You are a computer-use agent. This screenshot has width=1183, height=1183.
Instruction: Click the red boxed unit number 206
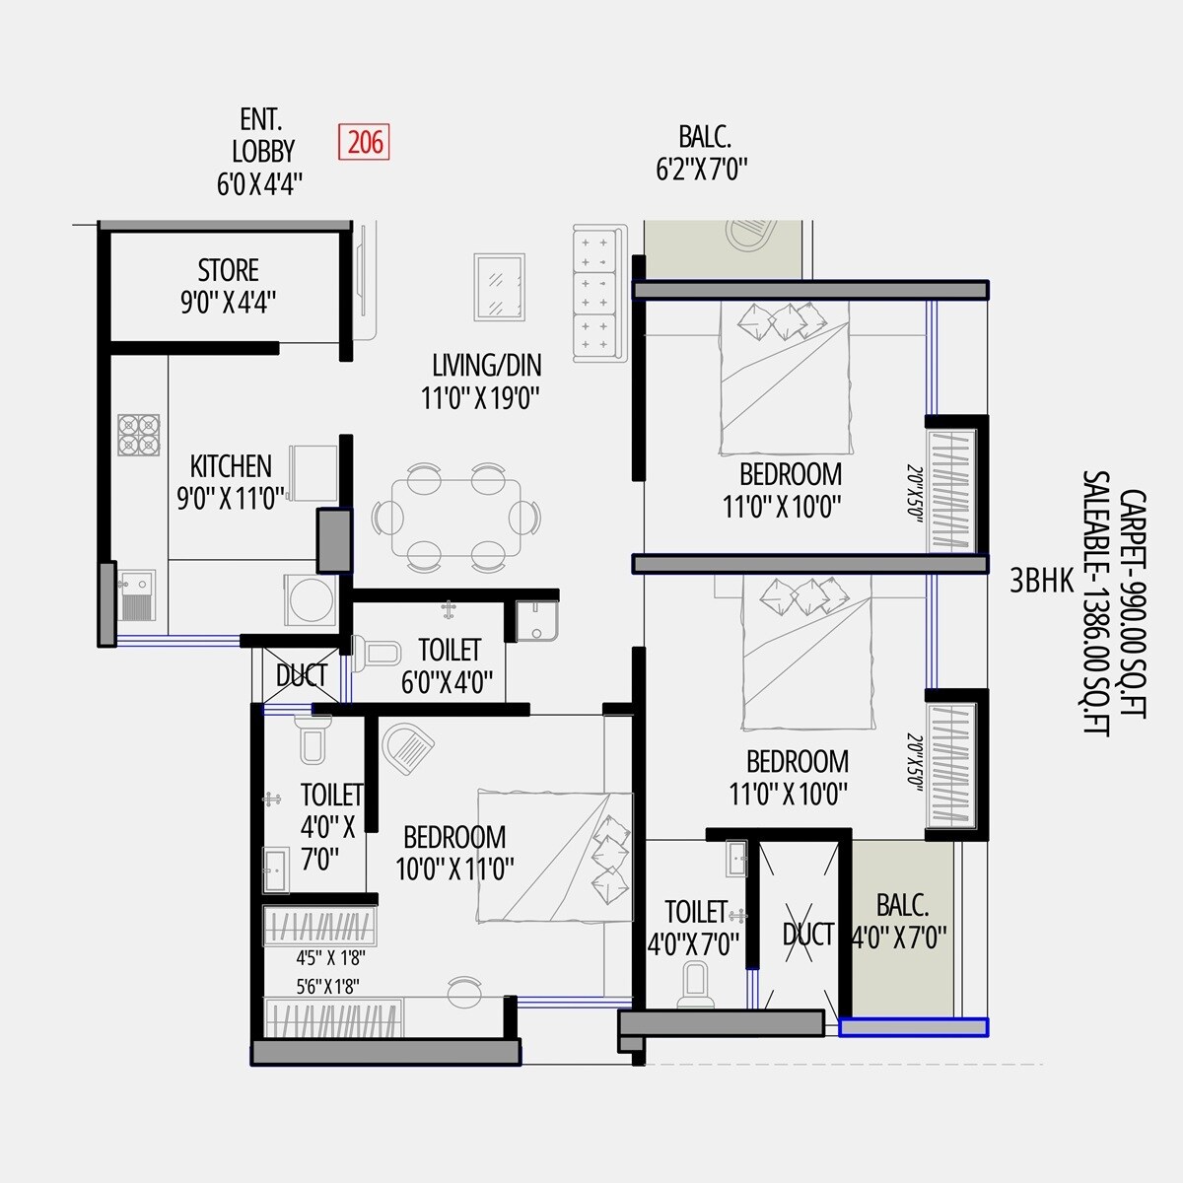point(363,142)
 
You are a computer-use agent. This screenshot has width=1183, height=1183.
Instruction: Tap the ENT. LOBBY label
point(261,136)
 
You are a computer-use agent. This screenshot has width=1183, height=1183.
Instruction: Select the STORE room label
point(228,270)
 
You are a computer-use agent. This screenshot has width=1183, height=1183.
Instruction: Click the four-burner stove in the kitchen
point(139,435)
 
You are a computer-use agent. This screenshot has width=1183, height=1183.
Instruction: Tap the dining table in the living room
point(456,519)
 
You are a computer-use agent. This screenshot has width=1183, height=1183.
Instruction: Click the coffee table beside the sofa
point(499,287)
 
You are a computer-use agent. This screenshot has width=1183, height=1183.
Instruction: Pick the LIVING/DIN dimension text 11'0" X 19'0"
point(480,398)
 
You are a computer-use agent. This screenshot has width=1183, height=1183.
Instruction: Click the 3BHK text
point(1041,582)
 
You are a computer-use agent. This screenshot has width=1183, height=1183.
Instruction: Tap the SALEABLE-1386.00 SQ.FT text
point(1095,602)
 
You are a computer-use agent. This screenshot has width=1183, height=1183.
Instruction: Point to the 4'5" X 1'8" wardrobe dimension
point(328,957)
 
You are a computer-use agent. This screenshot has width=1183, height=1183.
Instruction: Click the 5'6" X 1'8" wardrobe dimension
point(328,985)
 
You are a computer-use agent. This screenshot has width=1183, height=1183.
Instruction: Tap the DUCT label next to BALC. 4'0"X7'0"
point(807,934)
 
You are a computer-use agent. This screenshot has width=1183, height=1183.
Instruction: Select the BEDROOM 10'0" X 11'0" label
point(454,853)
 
